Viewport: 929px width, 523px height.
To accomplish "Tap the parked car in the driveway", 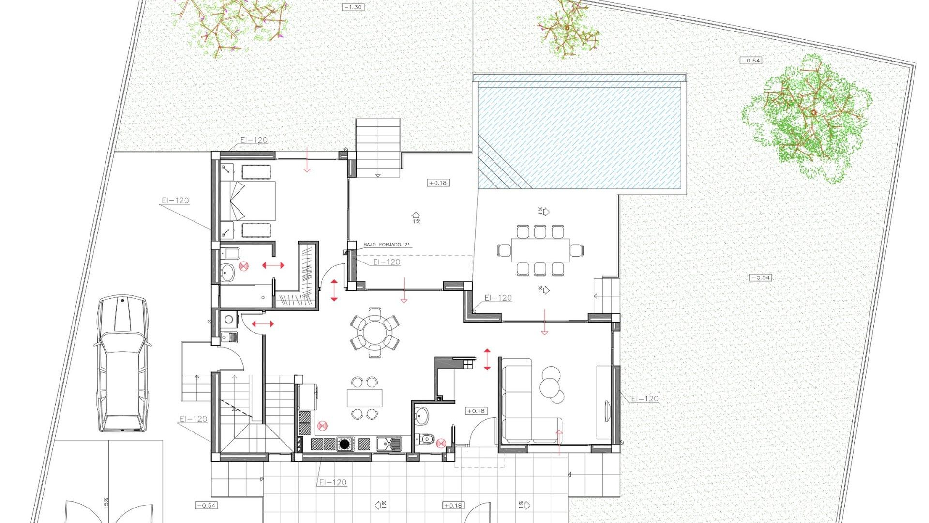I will click(122, 363).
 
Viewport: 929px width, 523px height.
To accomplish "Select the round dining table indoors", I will click(375, 333).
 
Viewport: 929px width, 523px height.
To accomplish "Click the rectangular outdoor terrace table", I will click(540, 250).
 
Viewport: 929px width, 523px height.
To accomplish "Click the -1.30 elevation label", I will click(353, 7).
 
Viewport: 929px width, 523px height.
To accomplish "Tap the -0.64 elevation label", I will click(750, 61).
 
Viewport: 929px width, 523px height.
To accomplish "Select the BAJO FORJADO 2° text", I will click(386, 245).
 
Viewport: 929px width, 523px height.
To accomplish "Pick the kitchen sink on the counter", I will click(388, 443).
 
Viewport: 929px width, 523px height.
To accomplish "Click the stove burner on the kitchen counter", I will click(345, 444).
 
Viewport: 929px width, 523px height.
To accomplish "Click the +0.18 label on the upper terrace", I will click(438, 183).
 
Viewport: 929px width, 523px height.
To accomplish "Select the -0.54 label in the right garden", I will click(760, 277).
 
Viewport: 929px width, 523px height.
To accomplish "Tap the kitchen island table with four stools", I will click(364, 398).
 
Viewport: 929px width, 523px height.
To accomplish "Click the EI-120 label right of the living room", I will click(644, 399).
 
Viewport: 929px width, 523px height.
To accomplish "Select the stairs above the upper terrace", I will click(378, 145).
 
